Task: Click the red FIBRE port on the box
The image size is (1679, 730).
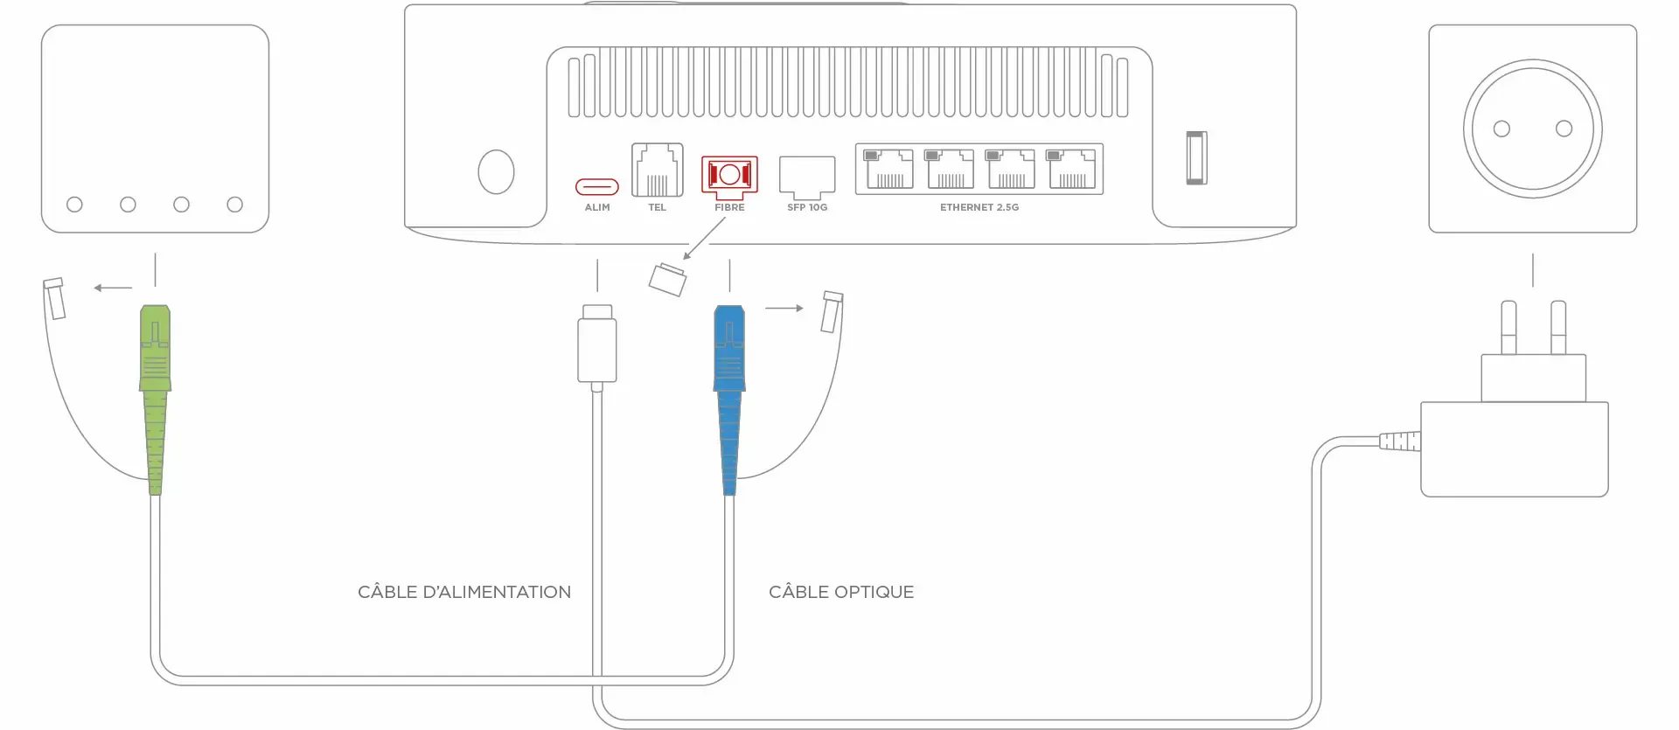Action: [729, 175]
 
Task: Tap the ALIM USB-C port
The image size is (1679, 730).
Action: [596, 186]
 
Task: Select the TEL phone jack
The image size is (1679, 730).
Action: [657, 170]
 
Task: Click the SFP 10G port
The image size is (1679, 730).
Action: [806, 177]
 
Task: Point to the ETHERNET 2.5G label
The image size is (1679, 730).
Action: [979, 207]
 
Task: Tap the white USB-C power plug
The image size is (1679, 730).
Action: [597, 344]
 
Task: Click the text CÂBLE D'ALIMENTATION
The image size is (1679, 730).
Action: [463, 592]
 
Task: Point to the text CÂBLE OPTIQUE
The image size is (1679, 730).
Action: [840, 592]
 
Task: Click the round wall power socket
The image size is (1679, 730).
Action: [1532, 129]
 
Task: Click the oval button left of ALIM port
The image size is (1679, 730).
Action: [496, 171]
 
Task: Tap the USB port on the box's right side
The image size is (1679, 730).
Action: [1196, 157]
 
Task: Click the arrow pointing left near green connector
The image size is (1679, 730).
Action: [113, 288]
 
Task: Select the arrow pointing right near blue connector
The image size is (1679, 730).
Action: [784, 308]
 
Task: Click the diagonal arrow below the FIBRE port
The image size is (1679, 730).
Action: [704, 238]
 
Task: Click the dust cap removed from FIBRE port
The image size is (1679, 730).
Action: [667, 279]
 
